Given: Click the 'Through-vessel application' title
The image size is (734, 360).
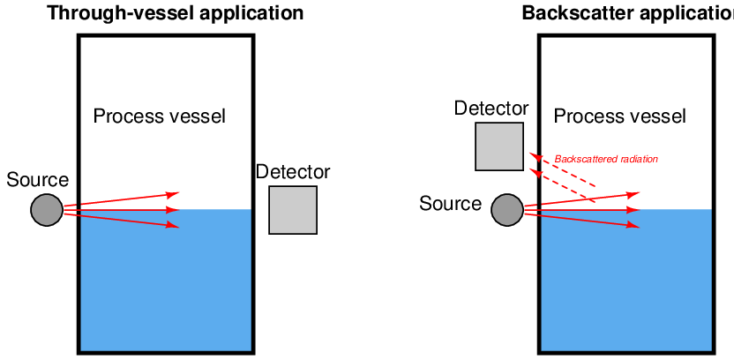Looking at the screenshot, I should (175, 13).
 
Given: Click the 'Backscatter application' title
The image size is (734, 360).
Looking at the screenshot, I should (627, 13).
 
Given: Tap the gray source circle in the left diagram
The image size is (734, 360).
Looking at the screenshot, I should (47, 210).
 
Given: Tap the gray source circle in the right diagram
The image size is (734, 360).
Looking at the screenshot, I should (506, 210).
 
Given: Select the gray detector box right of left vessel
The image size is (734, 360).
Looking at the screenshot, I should (293, 210).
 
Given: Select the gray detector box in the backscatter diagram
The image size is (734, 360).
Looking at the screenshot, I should (499, 146).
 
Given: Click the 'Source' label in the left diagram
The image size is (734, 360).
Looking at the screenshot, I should (37, 180).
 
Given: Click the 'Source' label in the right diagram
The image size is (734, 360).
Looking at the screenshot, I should (450, 204).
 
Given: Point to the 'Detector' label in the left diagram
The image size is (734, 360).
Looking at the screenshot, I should (293, 172).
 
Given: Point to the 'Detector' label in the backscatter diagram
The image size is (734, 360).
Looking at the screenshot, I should (491, 109).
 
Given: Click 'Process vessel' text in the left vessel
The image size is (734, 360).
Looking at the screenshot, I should (160, 116).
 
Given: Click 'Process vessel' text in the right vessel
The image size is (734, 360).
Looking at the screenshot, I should (619, 116).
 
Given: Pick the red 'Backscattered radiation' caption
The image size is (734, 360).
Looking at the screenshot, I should (606, 160).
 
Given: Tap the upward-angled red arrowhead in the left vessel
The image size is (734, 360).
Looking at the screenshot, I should (174, 193).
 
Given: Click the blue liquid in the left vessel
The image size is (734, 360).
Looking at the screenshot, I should (166, 282).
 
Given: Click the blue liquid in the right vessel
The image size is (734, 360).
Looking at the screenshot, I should (625, 282).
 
